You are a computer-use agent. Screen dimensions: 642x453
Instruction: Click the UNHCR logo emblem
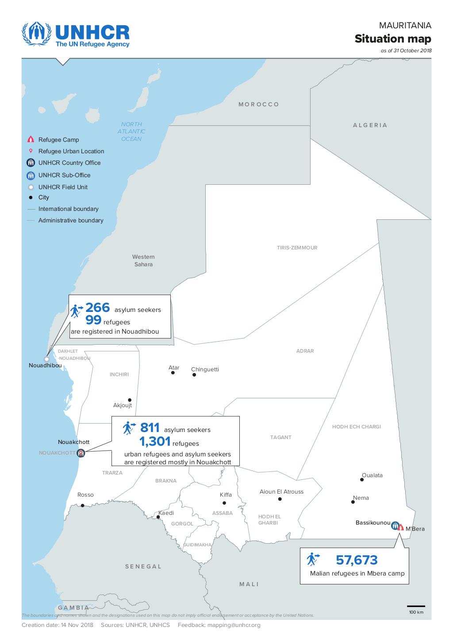click(x=37, y=35)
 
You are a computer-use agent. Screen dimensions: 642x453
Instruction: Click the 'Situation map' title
click(x=392, y=39)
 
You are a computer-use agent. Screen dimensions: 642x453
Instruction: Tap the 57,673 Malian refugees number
click(x=357, y=560)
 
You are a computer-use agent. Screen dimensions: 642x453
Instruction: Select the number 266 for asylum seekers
click(x=97, y=307)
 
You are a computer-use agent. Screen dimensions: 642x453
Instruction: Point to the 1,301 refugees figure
click(x=155, y=441)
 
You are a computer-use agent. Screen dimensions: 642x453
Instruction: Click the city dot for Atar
click(x=173, y=373)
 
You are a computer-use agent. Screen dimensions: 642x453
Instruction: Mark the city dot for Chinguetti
click(x=194, y=375)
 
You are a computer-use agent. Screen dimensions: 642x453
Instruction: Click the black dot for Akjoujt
click(x=130, y=400)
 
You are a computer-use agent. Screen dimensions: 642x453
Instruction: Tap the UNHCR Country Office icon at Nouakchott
click(x=81, y=453)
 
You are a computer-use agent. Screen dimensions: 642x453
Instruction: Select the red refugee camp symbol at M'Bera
click(x=400, y=527)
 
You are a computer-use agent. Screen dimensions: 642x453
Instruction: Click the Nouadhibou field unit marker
click(x=46, y=359)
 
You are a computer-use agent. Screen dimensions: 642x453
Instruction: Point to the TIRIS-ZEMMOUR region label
click(x=297, y=248)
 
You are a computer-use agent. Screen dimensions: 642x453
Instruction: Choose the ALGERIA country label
click(x=370, y=125)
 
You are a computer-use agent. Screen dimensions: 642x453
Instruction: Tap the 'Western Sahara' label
click(x=143, y=261)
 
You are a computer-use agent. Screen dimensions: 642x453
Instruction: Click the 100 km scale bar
click(x=416, y=606)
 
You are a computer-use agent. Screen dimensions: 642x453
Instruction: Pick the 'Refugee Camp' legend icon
click(x=31, y=140)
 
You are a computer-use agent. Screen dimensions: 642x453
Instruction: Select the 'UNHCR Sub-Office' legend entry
click(x=64, y=175)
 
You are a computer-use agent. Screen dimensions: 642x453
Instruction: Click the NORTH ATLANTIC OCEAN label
click(x=131, y=132)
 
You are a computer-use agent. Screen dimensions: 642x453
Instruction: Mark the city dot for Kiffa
click(x=224, y=503)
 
